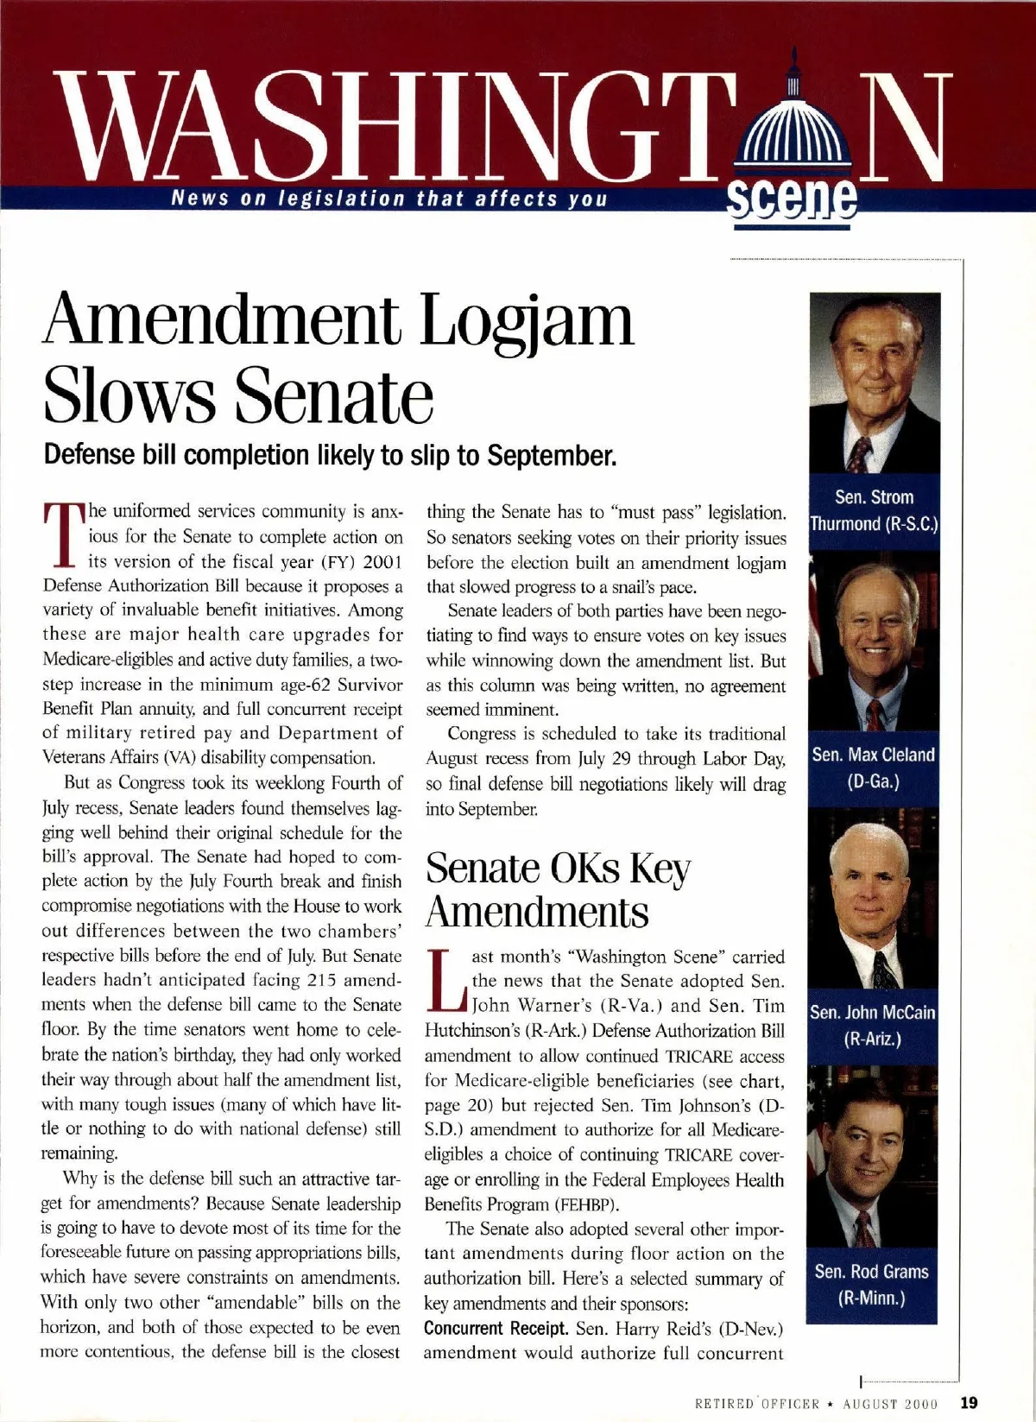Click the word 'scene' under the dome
(793, 204)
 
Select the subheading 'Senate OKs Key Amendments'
(558, 889)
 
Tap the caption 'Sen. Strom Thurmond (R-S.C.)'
(874, 510)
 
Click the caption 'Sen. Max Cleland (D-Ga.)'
(873, 768)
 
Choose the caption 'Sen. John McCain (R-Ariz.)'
(873, 1025)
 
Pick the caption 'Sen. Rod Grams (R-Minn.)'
(872, 1284)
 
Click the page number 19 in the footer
(968, 1402)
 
